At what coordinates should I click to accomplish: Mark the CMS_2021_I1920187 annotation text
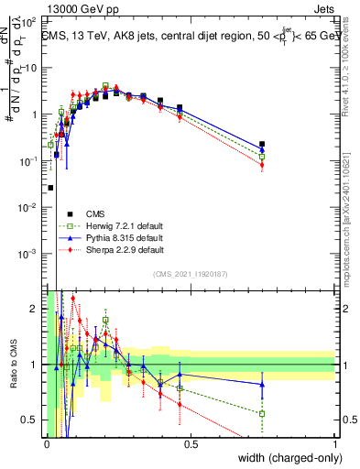tap(191, 273)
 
